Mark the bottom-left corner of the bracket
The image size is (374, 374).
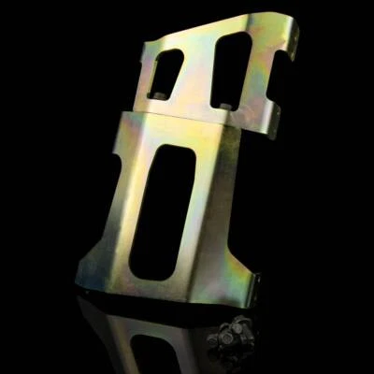click(x=84, y=280)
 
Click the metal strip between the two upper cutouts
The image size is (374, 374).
click(x=199, y=70)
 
